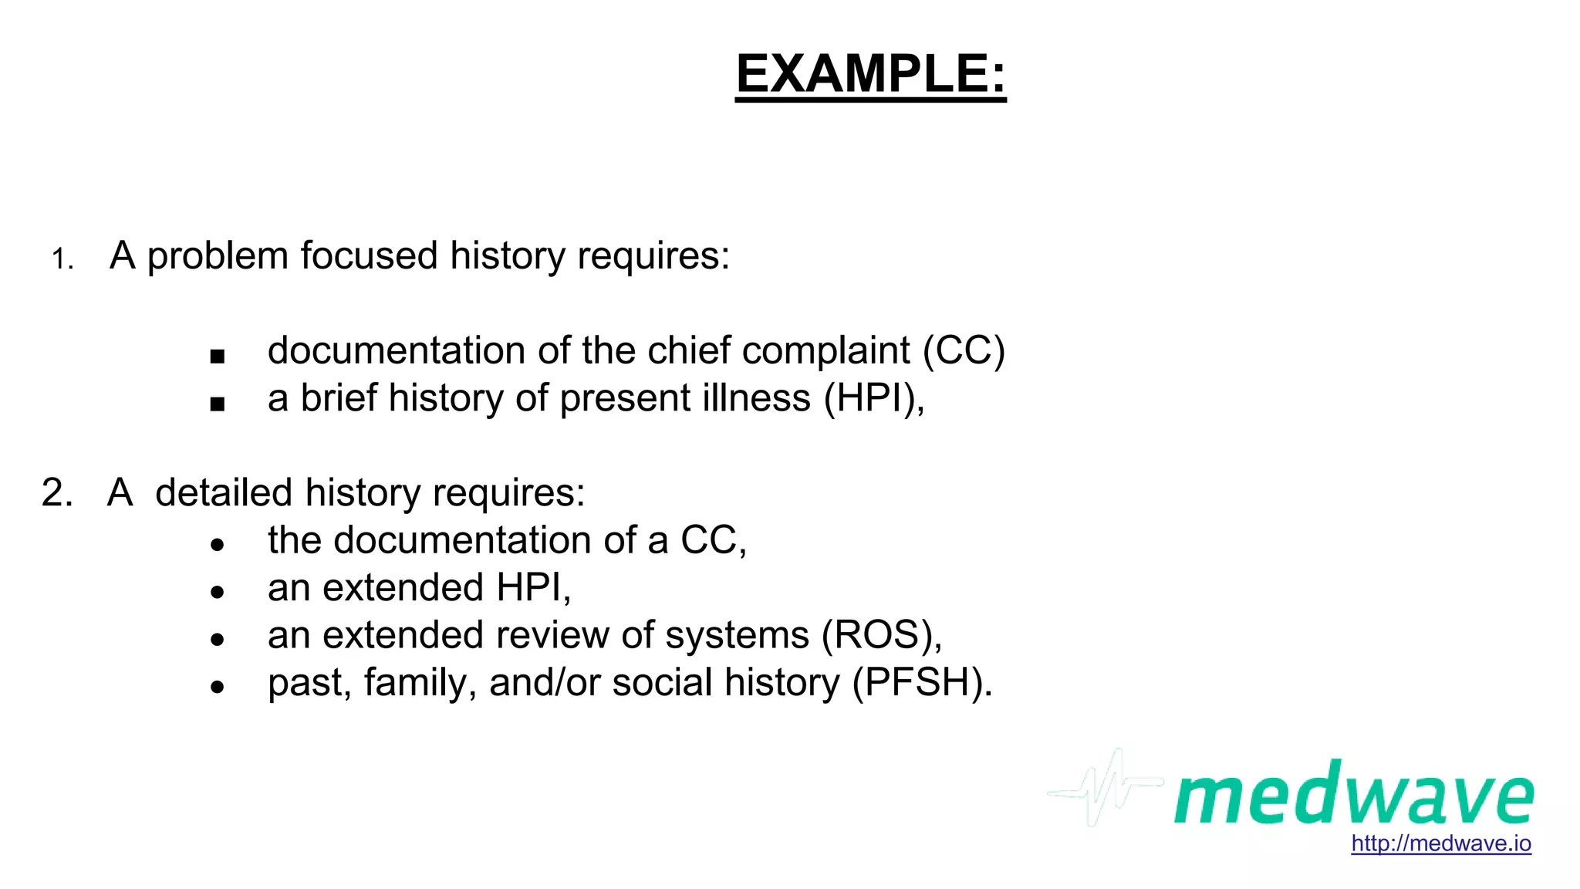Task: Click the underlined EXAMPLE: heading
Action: click(x=871, y=74)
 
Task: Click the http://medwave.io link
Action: click(x=1441, y=843)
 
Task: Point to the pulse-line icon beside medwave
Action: click(x=1105, y=788)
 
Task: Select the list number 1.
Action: click(x=62, y=259)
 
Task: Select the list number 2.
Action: click(x=57, y=492)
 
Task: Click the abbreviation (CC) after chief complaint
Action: click(x=964, y=351)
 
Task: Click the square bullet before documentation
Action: click(x=217, y=357)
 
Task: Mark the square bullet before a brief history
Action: click(x=217, y=404)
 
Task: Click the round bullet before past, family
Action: click(x=217, y=686)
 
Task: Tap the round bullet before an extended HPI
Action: click(x=217, y=592)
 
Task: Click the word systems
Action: click(x=737, y=636)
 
